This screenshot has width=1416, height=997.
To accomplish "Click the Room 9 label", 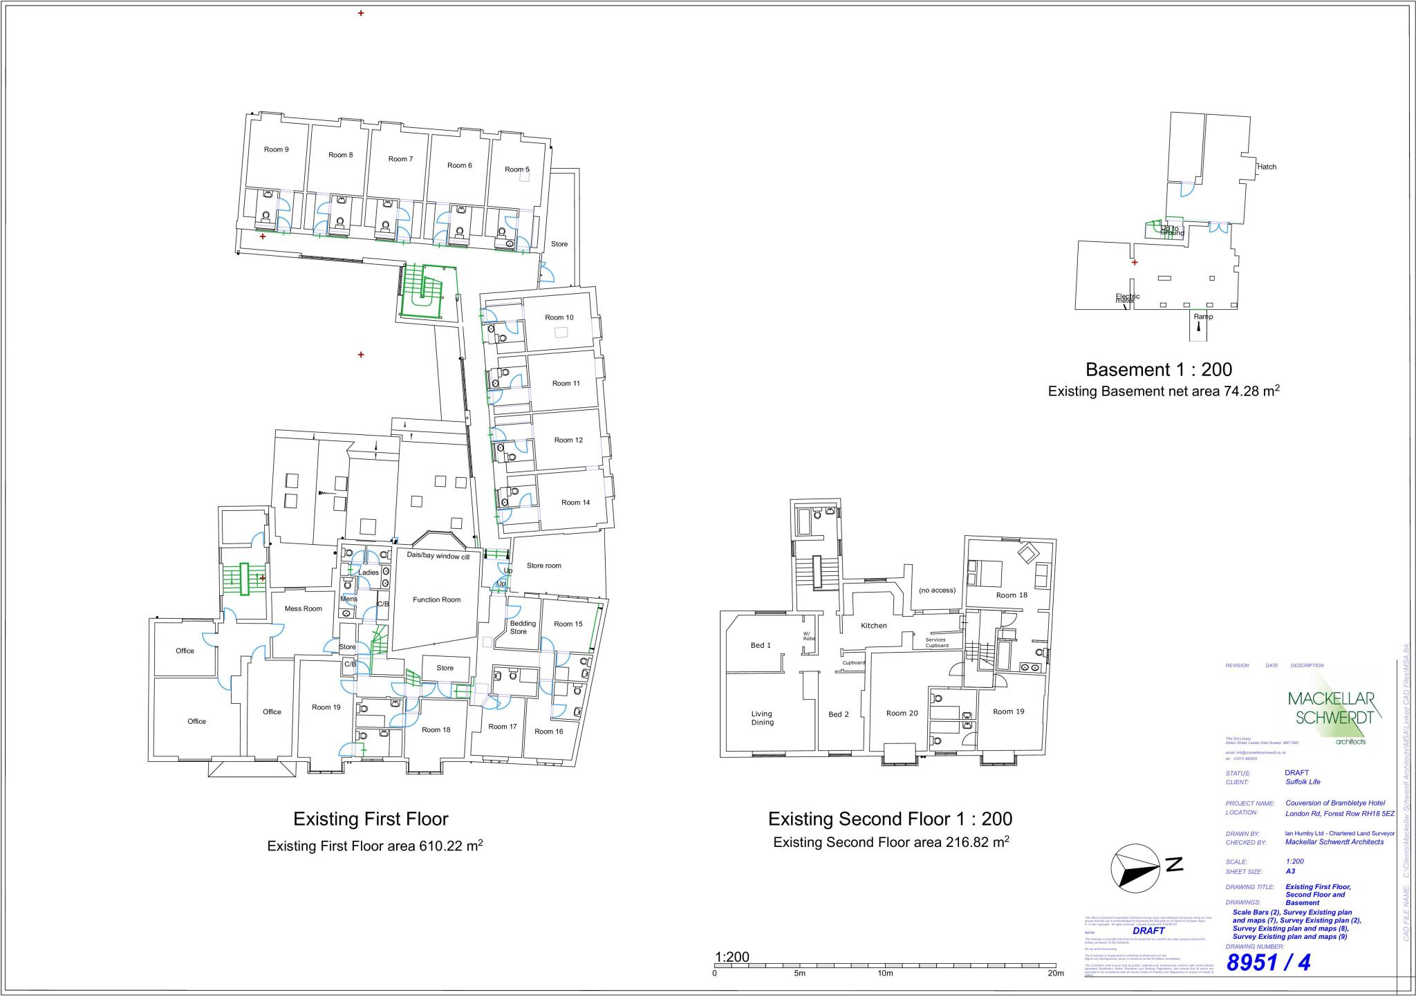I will tap(276, 149).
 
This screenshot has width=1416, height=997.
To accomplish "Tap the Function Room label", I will tap(436, 599).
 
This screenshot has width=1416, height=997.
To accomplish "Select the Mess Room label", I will tap(304, 608).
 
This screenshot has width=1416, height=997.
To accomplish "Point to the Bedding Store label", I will tap(522, 627).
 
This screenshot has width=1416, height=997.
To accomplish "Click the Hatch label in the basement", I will tap(1266, 167).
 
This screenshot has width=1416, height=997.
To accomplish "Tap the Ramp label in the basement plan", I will tap(1203, 317).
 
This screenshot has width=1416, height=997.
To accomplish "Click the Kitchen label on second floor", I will tap(873, 625).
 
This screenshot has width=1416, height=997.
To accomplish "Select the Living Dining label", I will tap(762, 718).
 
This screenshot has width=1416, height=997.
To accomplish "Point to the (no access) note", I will tap(937, 590).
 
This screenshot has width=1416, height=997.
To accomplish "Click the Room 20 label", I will tap(902, 713).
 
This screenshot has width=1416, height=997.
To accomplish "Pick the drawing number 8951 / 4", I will tap(1268, 962).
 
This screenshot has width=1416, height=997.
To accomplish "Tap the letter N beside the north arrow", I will tap(1174, 864).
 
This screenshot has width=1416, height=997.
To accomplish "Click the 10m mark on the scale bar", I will tap(885, 973).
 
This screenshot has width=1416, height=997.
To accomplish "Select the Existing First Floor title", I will tap(371, 819).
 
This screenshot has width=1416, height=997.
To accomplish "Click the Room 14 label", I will tap(575, 502).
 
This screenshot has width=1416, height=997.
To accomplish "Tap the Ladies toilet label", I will tap(368, 572).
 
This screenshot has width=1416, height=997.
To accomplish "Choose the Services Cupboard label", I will tap(936, 642).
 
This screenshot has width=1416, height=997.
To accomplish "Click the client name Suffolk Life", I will tap(1303, 782).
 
